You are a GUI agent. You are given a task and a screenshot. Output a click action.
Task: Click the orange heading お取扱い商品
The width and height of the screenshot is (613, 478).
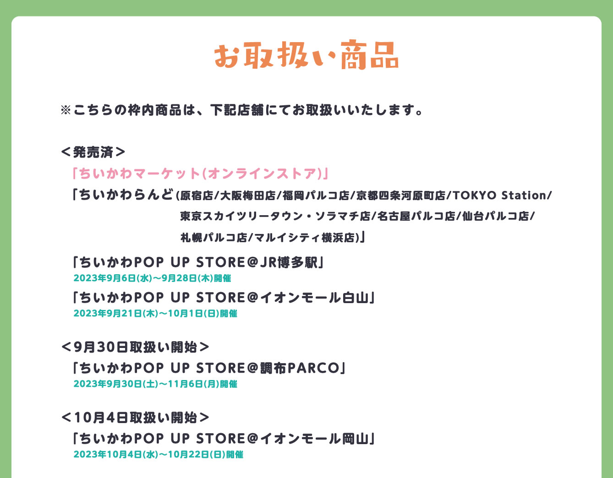coord(306,56)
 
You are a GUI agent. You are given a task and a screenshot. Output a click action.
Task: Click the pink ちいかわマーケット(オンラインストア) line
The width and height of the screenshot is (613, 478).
coord(200,174)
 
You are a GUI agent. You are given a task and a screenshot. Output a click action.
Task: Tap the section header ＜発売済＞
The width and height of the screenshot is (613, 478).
coord(93,152)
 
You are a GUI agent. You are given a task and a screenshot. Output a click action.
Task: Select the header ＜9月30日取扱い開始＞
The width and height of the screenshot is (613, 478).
coord(135,347)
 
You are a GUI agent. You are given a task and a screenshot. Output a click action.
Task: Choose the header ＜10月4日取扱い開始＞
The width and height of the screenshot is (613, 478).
coord(135,418)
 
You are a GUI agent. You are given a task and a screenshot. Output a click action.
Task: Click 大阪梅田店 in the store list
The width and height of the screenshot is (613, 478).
coord(247,196)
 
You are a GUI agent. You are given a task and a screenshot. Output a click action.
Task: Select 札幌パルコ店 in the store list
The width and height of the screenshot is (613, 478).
coord(213,238)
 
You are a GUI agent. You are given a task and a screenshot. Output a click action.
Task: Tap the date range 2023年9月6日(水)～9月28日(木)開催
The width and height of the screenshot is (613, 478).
coord(152,278)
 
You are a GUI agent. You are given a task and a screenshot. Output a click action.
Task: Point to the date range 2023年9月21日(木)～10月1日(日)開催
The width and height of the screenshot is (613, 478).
coord(155,314)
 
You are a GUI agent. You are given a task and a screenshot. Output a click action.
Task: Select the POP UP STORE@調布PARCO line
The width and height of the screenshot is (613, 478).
coord(208,368)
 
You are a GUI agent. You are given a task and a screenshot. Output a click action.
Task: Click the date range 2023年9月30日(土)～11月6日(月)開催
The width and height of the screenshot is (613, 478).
coord(155,384)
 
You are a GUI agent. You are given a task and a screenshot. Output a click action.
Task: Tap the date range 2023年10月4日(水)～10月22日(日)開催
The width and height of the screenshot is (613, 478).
coord(158,455)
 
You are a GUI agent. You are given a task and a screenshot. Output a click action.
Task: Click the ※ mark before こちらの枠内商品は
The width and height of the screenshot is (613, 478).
coord(66,110)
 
